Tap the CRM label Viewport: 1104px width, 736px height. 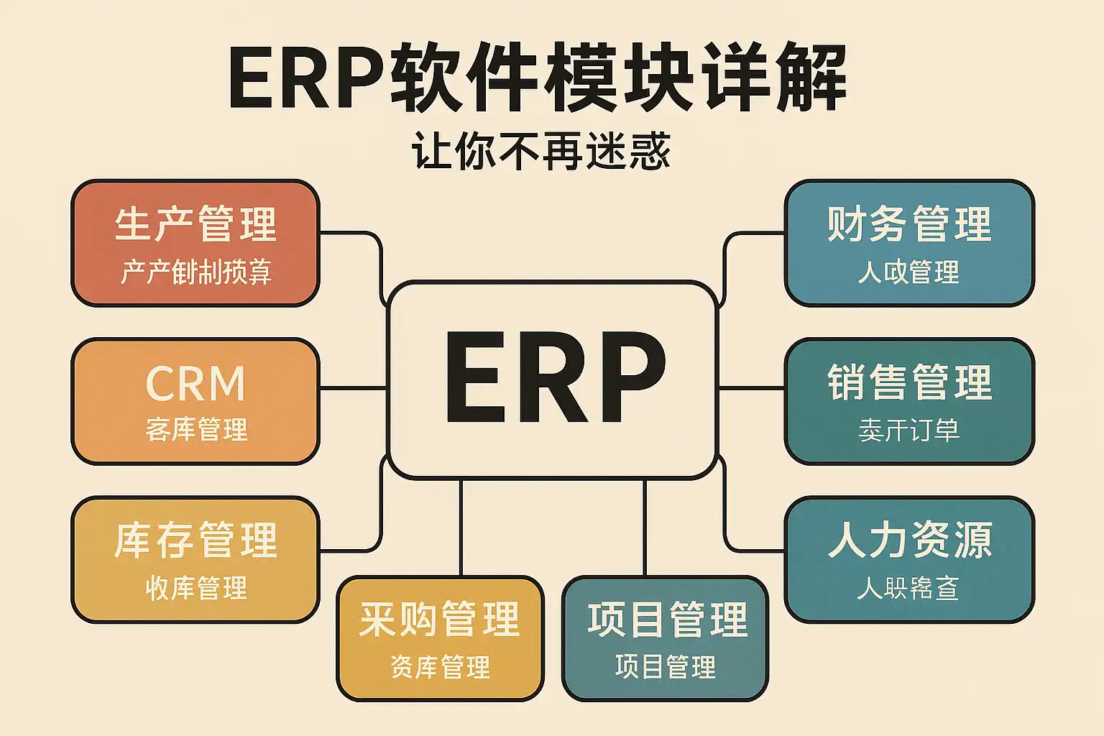tap(195, 383)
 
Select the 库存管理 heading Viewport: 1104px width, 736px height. tap(195, 540)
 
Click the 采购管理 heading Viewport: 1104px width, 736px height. tap(439, 620)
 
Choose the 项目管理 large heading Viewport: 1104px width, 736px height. tap(667, 620)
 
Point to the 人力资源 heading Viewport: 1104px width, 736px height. tap(909, 540)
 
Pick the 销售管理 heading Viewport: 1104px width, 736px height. tap(909, 382)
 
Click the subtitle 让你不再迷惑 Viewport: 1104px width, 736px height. tap(540, 151)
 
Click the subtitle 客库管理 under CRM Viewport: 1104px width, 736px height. tap(196, 430)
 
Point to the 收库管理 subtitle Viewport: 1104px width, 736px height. tap(196, 588)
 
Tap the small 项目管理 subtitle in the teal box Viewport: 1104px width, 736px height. tap(666, 667)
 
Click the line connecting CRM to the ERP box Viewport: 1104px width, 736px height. tap(353, 388)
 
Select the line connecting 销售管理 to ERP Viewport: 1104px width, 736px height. tap(751, 388)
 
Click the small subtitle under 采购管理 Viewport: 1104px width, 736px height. tap(440, 667)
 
